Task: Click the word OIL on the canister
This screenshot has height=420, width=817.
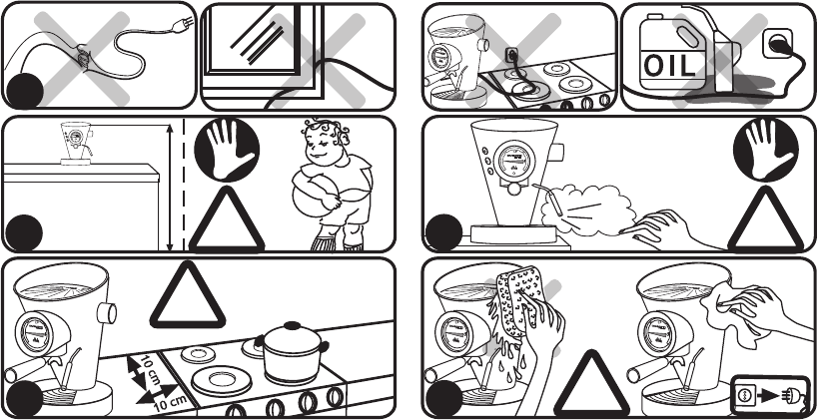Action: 669,66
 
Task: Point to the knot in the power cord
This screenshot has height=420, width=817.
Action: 82,56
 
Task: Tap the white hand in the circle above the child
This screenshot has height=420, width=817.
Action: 227,150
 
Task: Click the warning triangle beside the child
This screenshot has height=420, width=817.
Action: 227,219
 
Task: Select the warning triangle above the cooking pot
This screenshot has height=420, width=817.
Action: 188,295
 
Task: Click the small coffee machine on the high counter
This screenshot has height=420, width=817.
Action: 77,143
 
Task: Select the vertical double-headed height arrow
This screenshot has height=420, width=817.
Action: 171,188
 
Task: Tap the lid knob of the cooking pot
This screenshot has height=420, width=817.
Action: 293,326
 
